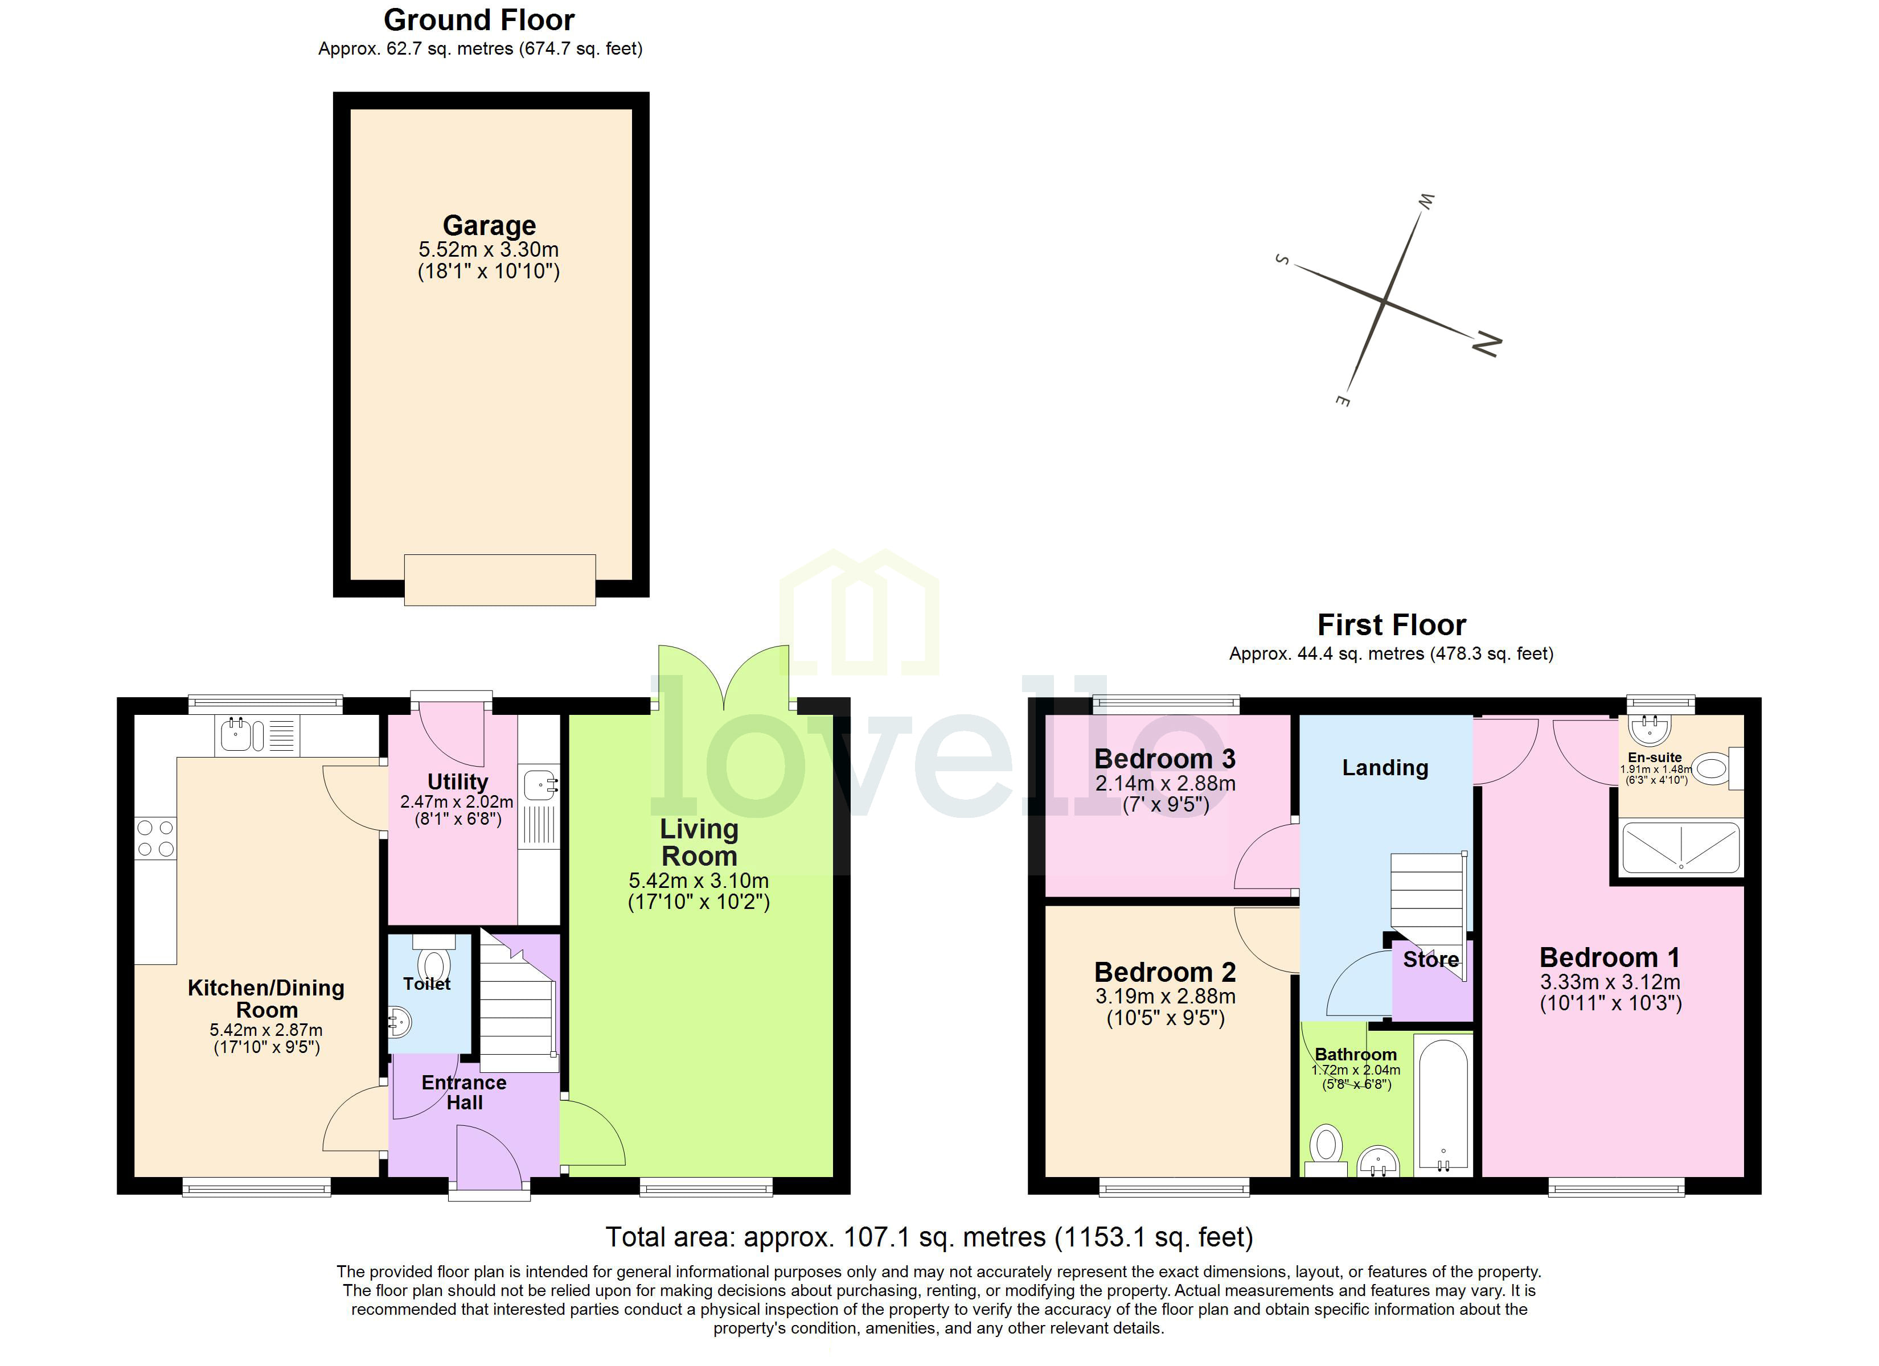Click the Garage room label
click(489, 225)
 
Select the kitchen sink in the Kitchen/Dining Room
click(236, 735)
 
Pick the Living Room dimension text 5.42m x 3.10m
click(699, 881)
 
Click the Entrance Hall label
click(464, 1092)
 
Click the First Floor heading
click(1391, 624)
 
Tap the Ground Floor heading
click(479, 20)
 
